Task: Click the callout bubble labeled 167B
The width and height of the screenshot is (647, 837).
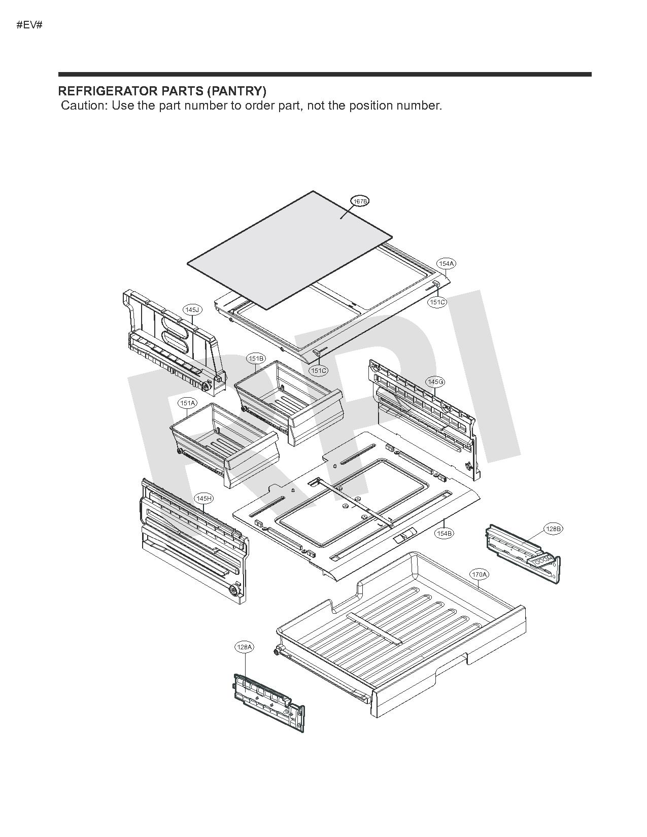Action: (x=360, y=201)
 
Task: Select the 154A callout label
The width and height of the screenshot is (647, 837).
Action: (x=447, y=263)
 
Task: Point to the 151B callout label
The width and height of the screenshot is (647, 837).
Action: (x=256, y=359)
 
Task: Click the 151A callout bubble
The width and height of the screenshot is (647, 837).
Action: (x=187, y=403)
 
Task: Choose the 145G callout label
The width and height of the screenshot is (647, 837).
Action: (x=436, y=381)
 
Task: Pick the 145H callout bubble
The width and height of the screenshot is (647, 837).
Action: (x=204, y=499)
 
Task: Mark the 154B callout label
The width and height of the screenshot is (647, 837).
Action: (x=444, y=534)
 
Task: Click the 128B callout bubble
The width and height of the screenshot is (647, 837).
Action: (x=553, y=529)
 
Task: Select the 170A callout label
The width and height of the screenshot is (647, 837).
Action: (x=479, y=575)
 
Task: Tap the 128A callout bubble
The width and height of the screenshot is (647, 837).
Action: (x=244, y=647)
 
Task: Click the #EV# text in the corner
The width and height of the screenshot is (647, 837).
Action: (x=29, y=24)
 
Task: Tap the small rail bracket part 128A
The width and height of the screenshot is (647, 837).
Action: (x=269, y=703)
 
